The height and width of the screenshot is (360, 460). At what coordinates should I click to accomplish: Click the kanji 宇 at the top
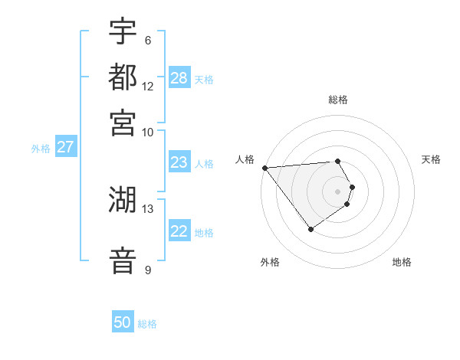pos(123,32)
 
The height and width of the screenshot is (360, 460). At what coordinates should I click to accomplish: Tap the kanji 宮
pos(123,123)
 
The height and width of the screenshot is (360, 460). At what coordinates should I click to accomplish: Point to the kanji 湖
pos(123,200)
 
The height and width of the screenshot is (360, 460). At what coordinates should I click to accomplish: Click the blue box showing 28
pos(179,78)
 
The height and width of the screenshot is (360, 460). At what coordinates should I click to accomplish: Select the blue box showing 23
pos(179,162)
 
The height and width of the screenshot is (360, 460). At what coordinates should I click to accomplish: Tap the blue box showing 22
pos(179,232)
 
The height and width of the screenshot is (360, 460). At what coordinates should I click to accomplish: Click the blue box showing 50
pos(123,322)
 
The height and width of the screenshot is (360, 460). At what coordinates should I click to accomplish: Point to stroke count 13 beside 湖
pos(148,208)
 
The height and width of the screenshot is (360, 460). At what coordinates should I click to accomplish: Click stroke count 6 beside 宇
pos(147,41)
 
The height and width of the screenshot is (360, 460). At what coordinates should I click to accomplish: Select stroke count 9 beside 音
pos(147,270)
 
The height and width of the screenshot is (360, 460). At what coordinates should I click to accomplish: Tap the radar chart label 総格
pos(338,100)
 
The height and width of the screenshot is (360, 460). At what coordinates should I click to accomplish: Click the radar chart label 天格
pos(431,159)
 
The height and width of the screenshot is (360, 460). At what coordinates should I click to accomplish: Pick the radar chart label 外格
pos(270,262)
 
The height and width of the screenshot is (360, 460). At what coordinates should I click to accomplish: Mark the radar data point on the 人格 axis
pos(264,168)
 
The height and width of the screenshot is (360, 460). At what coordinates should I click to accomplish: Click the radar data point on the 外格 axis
pos(310,229)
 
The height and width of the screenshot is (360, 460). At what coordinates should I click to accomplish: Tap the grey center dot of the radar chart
pos(338,191)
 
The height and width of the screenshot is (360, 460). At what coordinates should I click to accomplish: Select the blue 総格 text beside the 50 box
pos(147,324)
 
